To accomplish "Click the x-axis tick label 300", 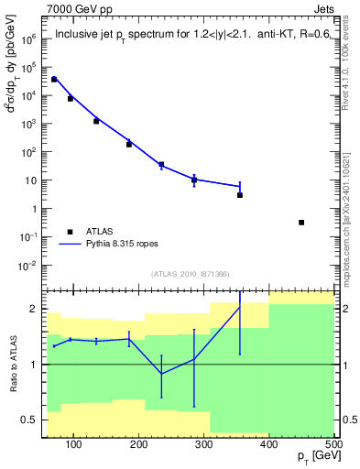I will tap(204, 445).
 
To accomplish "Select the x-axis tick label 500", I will tap(333, 445).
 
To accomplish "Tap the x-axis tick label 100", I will tap(75, 445).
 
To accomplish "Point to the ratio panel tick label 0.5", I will tap(30, 420).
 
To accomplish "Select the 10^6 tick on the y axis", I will tap(29, 39).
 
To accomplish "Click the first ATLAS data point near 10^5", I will tap(54, 80).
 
